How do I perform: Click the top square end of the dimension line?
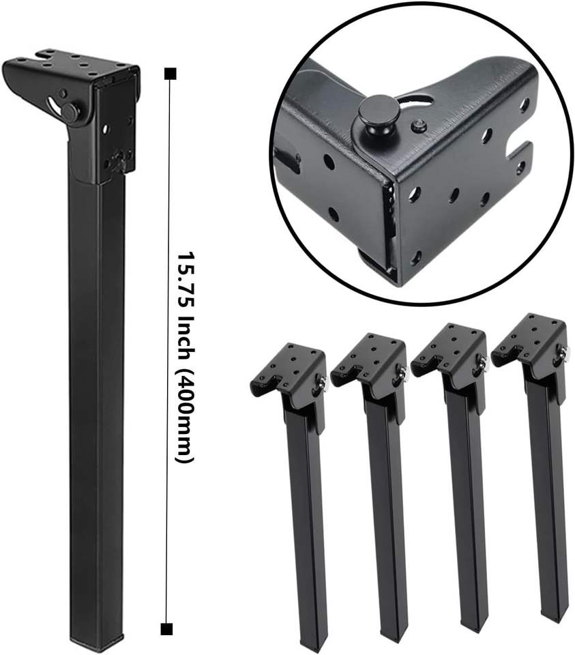click(171, 74)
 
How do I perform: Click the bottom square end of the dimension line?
click(166, 628)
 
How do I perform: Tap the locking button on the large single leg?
click(72, 111)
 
